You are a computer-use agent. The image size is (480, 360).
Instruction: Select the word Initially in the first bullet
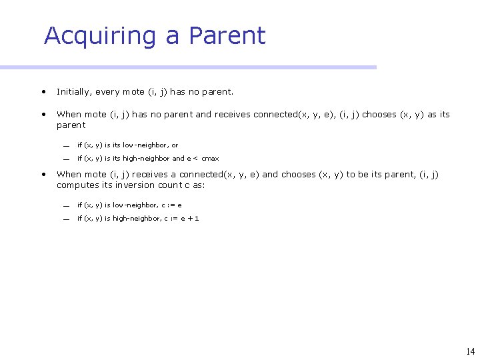[74, 91]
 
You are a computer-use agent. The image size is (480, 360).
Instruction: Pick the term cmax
[210, 159]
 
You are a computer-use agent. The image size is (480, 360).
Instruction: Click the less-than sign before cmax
[197, 159]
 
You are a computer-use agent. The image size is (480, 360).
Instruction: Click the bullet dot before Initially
[43, 91]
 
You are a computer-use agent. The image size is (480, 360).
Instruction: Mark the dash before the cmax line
[67, 159]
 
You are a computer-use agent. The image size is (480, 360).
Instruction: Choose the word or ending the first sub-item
[175, 145]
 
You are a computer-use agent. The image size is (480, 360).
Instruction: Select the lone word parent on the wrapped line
[71, 125]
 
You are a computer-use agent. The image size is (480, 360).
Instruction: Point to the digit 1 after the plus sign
[197, 219]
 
